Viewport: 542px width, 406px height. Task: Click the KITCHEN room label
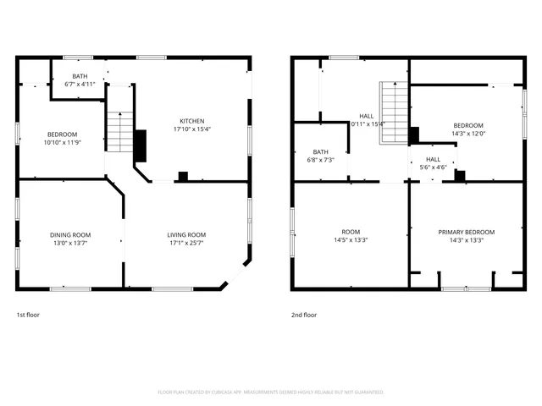point(191,121)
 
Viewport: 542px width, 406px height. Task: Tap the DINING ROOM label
point(70,234)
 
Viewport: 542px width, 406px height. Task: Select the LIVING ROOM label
point(185,234)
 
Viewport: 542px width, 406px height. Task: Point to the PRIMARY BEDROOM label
point(467,232)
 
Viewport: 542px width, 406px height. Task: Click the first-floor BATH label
point(80,76)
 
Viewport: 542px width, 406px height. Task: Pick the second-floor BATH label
point(320,151)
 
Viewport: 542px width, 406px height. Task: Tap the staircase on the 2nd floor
point(394,106)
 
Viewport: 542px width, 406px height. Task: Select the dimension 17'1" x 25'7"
point(185,243)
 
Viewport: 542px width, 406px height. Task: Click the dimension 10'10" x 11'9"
point(62,142)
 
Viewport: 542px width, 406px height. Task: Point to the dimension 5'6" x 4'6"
point(433,167)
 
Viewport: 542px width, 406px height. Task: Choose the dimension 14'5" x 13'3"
point(351,240)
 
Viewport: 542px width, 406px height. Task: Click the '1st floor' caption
point(28,315)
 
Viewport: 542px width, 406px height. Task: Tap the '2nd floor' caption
point(304,315)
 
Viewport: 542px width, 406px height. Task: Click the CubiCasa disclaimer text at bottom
point(271,392)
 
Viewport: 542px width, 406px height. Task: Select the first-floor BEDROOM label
point(62,134)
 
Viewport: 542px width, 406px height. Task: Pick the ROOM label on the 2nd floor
point(351,232)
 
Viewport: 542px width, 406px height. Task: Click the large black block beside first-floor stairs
point(141,145)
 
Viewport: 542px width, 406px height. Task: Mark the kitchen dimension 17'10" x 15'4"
point(191,129)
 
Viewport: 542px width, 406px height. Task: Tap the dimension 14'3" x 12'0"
point(467,134)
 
